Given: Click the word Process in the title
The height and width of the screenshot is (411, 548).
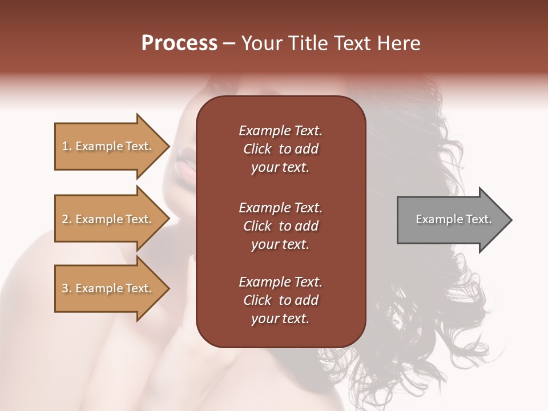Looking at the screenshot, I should coord(179,43).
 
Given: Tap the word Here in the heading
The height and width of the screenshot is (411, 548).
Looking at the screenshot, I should coord(398,43).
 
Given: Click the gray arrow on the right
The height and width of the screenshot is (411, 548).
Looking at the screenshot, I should coord(451,220).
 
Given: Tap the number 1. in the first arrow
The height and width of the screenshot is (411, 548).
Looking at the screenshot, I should coord(67,146).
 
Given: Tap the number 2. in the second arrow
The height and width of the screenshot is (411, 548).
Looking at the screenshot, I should coord(67,219).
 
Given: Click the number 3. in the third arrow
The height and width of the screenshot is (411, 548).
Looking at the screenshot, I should coord(67,288).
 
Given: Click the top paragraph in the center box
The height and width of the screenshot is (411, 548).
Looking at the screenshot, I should coord(280,149).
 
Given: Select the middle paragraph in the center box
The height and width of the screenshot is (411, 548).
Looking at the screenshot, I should coord(280,226).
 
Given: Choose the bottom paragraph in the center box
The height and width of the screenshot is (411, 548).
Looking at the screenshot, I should coord(280,300).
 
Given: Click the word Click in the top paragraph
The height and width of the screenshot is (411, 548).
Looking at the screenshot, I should coord(257,149).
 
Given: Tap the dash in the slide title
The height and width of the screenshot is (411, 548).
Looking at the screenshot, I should coord(229,44).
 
